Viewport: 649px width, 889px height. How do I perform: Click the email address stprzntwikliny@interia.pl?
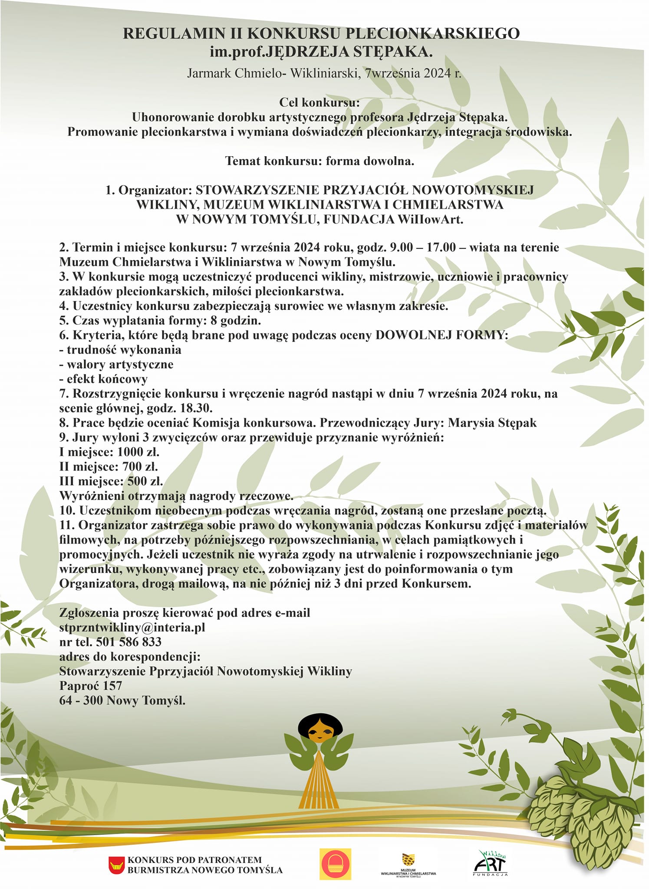tap(132, 627)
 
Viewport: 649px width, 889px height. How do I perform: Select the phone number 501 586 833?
tap(128, 642)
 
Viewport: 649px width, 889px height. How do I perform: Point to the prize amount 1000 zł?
tap(138, 452)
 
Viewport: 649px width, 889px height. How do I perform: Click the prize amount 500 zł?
tap(145, 481)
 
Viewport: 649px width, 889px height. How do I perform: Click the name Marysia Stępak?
tap(492, 423)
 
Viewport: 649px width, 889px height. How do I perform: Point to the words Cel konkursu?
tap(320, 102)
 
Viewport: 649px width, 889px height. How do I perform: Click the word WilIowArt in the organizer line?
tap(430, 219)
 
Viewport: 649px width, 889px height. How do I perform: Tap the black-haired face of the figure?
tap(320, 732)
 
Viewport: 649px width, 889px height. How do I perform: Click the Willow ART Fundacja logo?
tap(490, 863)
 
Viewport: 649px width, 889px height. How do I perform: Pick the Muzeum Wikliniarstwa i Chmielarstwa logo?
tap(408, 865)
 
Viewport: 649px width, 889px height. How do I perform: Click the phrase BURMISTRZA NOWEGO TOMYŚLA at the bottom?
tap(204, 870)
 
